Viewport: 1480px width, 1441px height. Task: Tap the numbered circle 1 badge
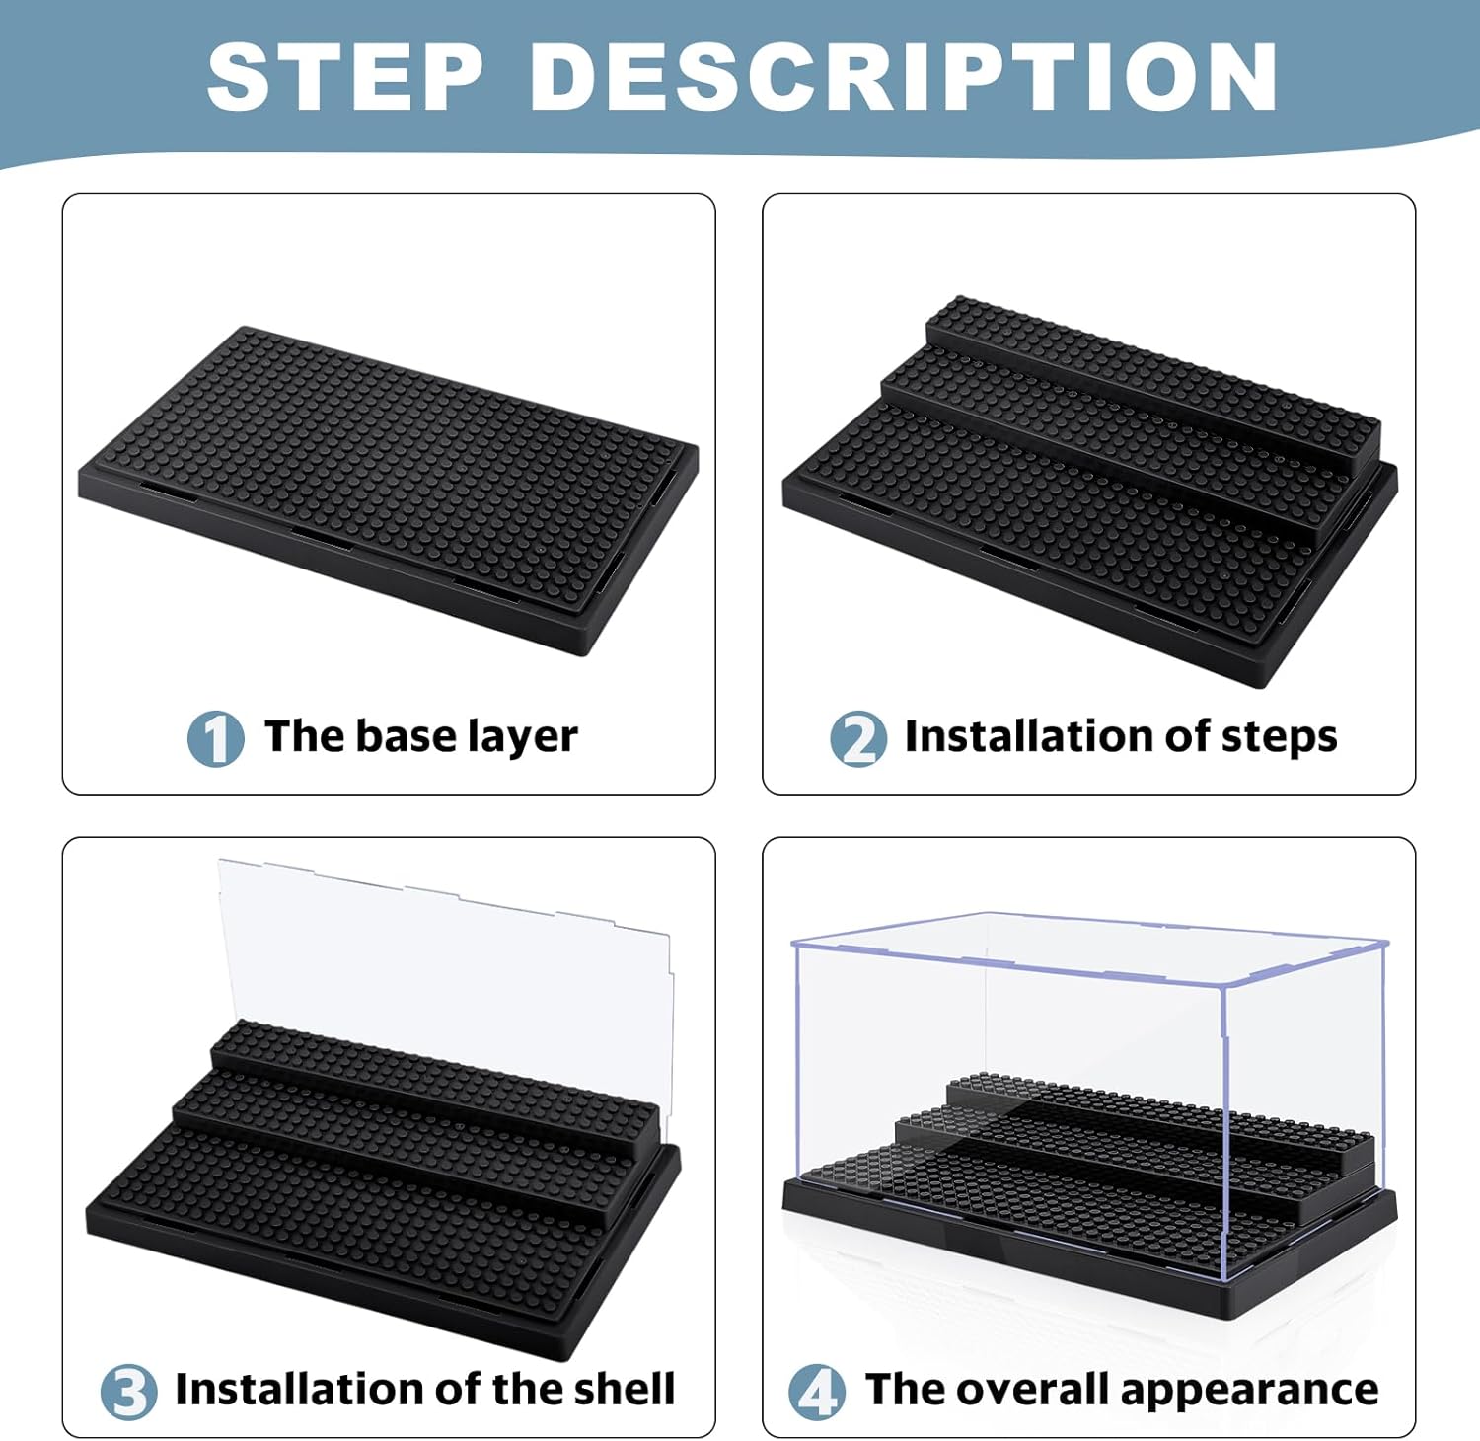pyautogui.click(x=215, y=738)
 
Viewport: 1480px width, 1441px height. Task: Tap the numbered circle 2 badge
pyautogui.click(x=857, y=738)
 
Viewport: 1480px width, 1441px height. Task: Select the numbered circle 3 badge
pyautogui.click(x=128, y=1392)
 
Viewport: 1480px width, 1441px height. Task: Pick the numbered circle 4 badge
pyautogui.click(x=816, y=1392)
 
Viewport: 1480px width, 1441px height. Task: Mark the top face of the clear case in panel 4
pyautogui.click(x=1085, y=943)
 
